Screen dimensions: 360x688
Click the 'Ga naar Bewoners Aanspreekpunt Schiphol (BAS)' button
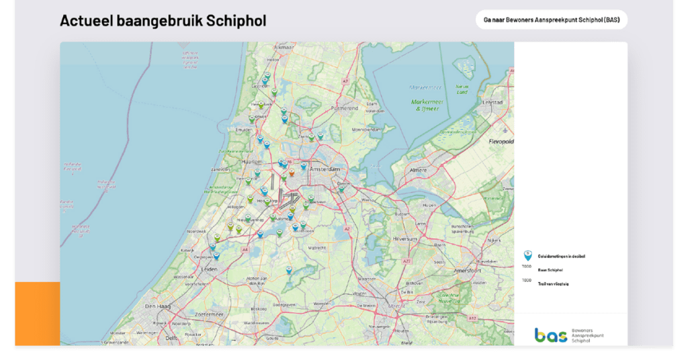coord(551,19)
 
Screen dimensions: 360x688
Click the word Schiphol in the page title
coord(236,21)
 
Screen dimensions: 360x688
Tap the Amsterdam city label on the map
coord(325,170)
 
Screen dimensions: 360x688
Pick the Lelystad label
coord(493,103)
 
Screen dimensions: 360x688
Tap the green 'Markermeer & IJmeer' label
coord(427,104)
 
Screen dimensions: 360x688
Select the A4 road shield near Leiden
coord(245,250)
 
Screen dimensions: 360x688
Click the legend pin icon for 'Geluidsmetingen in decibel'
coord(527,255)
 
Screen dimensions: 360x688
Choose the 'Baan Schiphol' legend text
coord(550,270)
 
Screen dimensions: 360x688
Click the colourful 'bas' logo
coord(550,335)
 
